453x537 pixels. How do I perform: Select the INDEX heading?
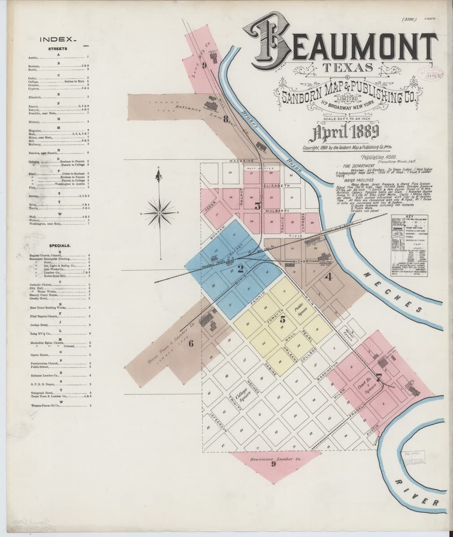pyautogui.click(x=58, y=39)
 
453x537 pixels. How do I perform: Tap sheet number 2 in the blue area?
pyautogui.click(x=240, y=269)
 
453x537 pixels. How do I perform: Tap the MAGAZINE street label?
pyautogui.click(x=242, y=161)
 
